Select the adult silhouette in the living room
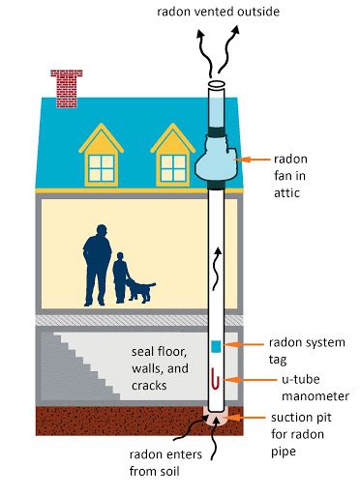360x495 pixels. tap(96, 262)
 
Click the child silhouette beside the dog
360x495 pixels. tap(121, 277)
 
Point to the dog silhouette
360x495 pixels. tap(141, 289)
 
